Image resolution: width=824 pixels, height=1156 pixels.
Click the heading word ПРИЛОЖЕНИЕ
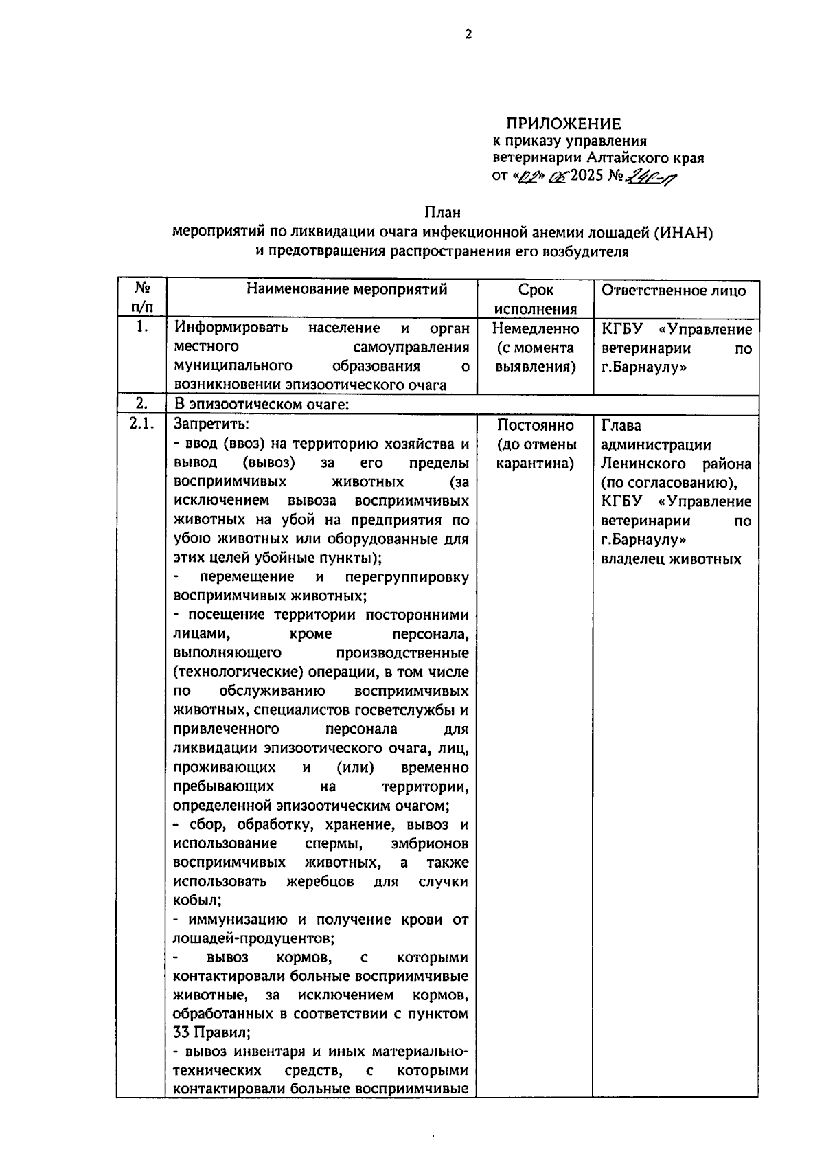[x=563, y=124]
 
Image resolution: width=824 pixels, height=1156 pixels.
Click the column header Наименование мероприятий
[x=347, y=289]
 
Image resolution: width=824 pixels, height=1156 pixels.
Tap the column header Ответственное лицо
[x=674, y=290]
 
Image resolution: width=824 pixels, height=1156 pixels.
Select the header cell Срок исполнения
[x=536, y=299]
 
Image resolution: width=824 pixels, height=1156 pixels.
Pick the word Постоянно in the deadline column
[x=536, y=425]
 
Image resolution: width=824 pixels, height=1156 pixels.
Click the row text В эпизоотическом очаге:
[x=262, y=404]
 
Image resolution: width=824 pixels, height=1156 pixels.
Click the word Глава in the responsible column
[x=621, y=425]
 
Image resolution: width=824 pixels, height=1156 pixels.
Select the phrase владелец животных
[x=671, y=559]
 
